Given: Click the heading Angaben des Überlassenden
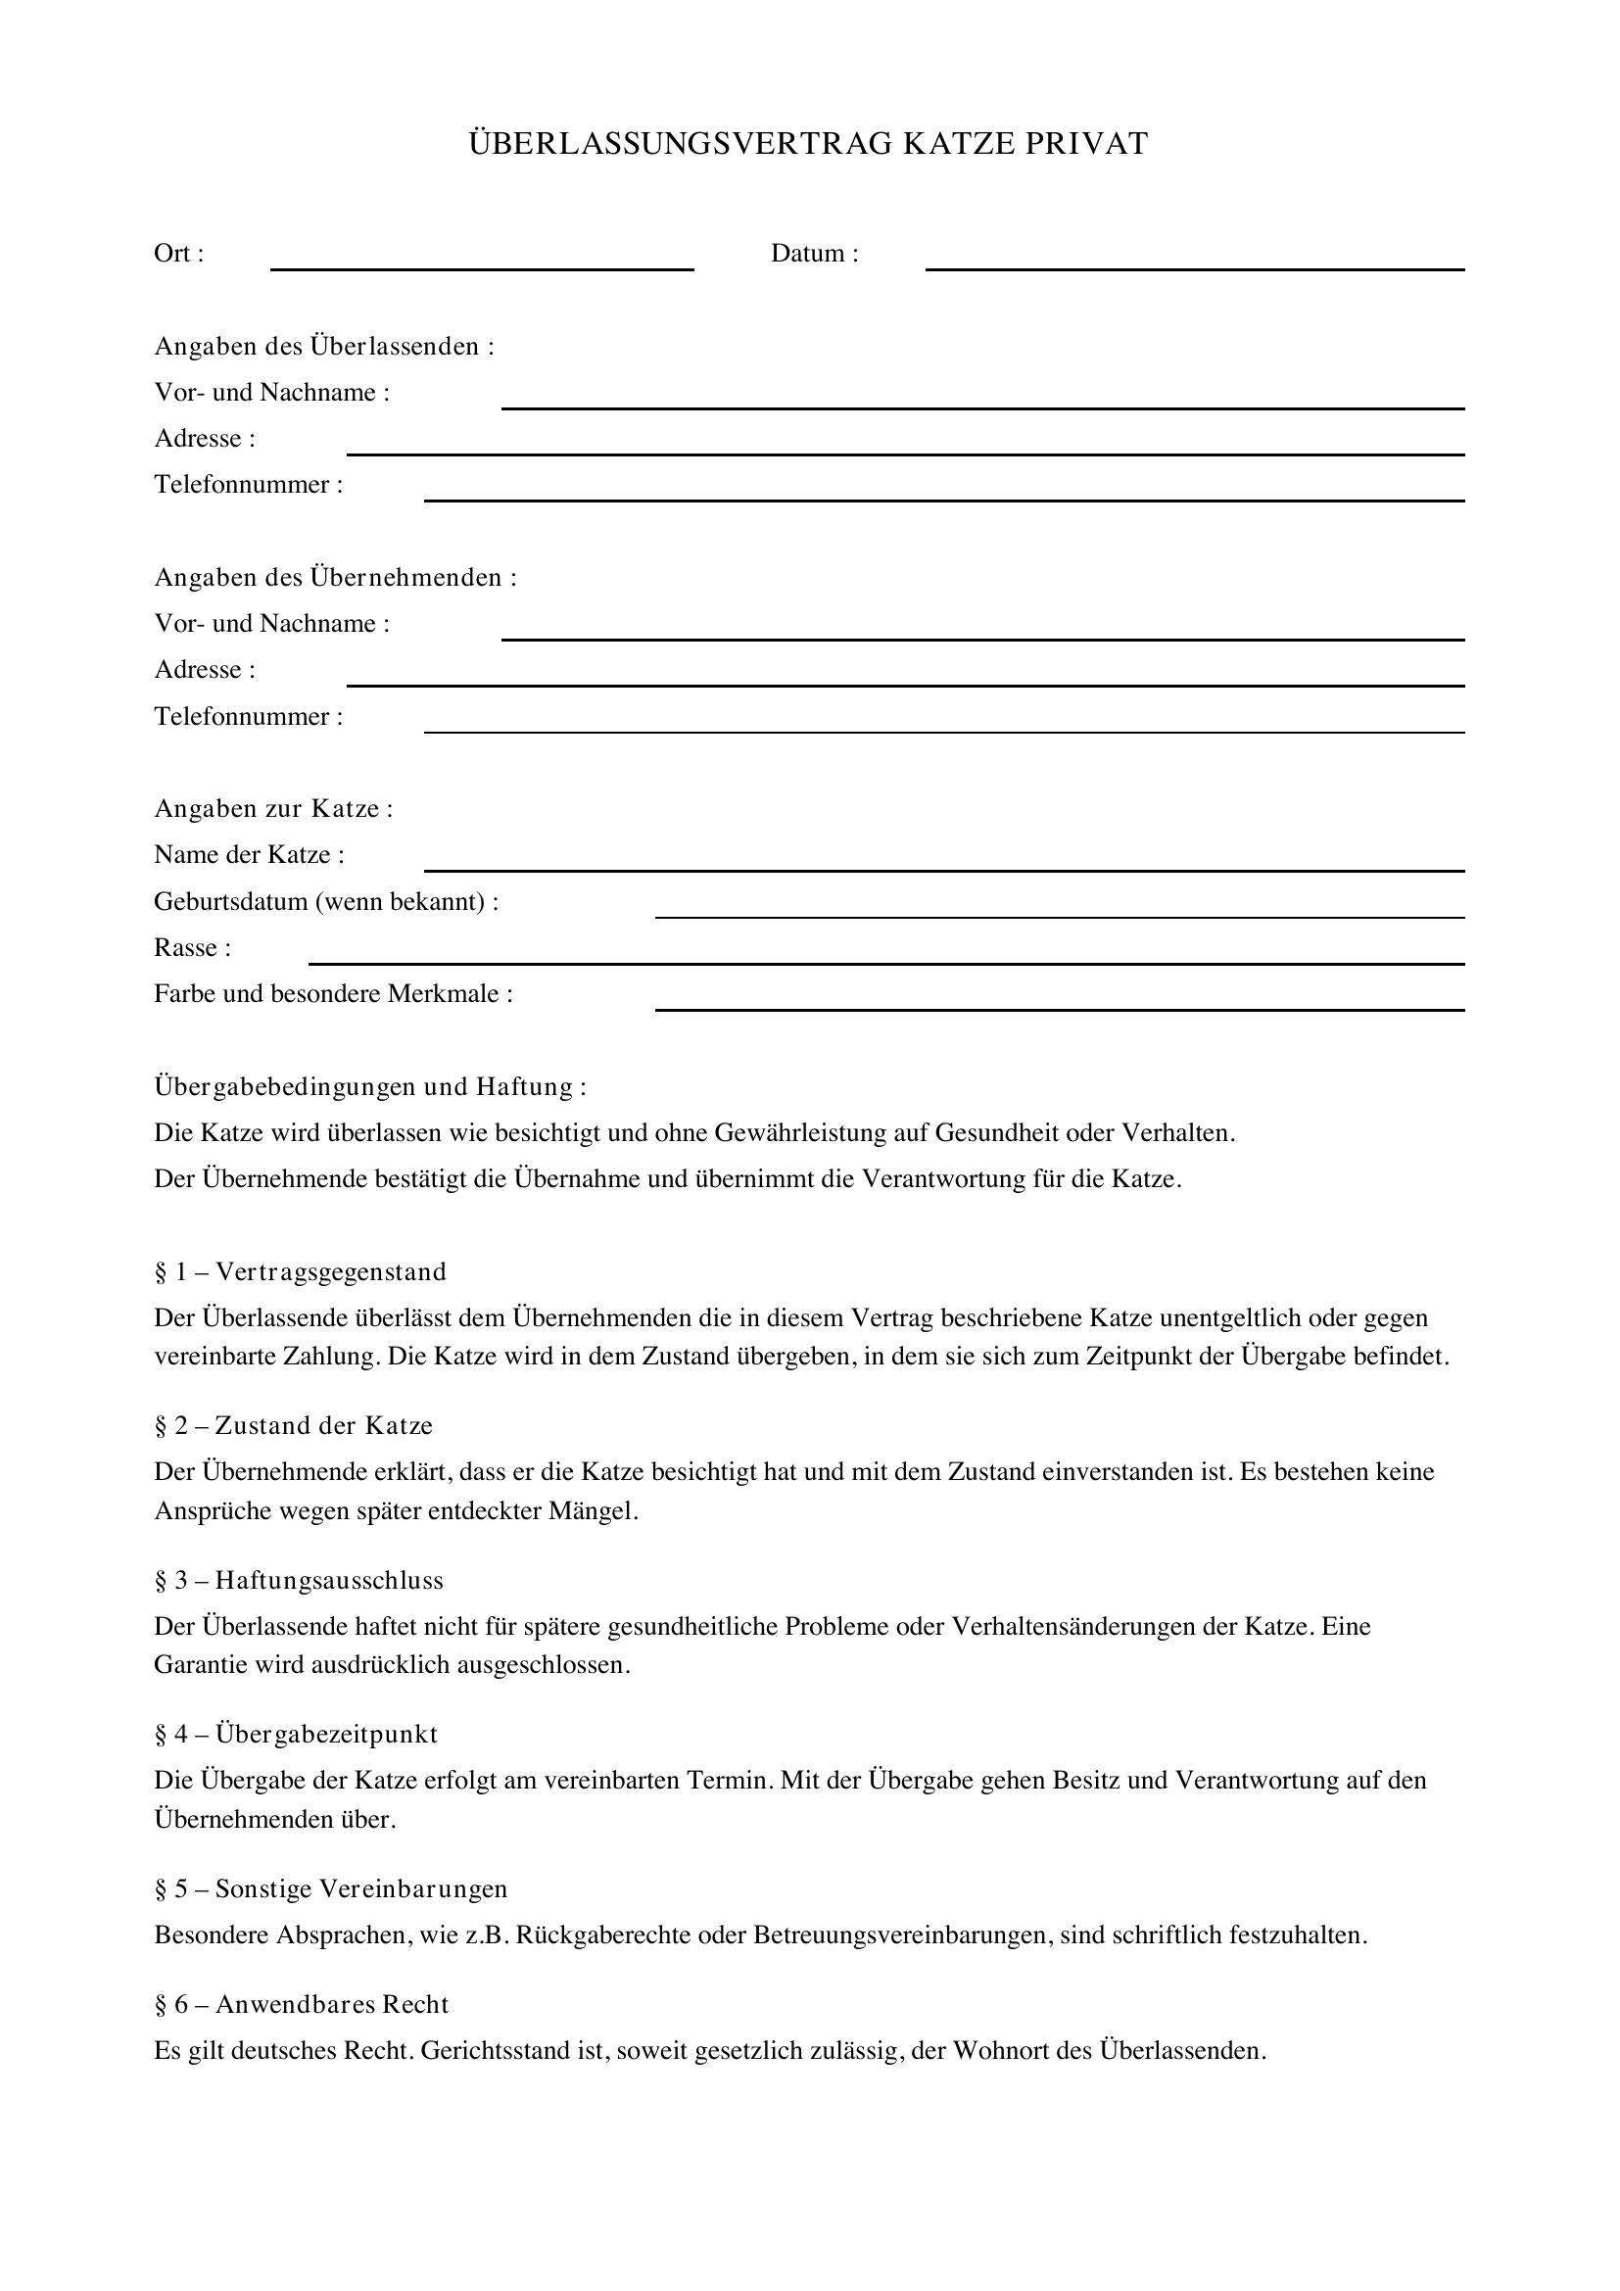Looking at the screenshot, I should tap(324, 346).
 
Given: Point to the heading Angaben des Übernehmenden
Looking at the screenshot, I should tap(335, 578).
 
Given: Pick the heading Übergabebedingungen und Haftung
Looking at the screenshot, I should tap(370, 1086).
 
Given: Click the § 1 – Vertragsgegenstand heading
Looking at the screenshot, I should tap(301, 1272).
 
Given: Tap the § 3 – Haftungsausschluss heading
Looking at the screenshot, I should tap(300, 1581).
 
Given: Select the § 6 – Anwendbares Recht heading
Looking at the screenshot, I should tap(302, 2005).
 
